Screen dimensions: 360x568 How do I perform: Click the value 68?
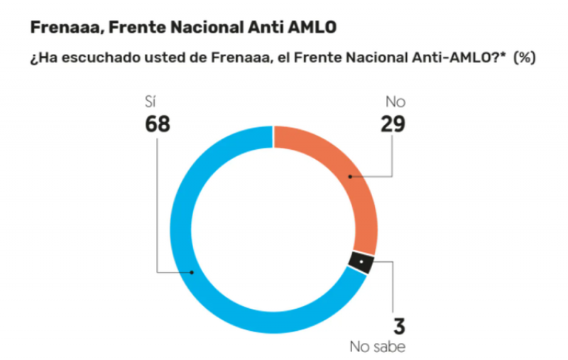click(x=158, y=124)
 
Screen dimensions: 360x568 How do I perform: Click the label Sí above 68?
click(x=151, y=102)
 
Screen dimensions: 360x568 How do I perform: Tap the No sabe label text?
click(x=378, y=348)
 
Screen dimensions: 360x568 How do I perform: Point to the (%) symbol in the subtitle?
click(x=525, y=59)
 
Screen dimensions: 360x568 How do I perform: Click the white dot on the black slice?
click(x=361, y=263)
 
